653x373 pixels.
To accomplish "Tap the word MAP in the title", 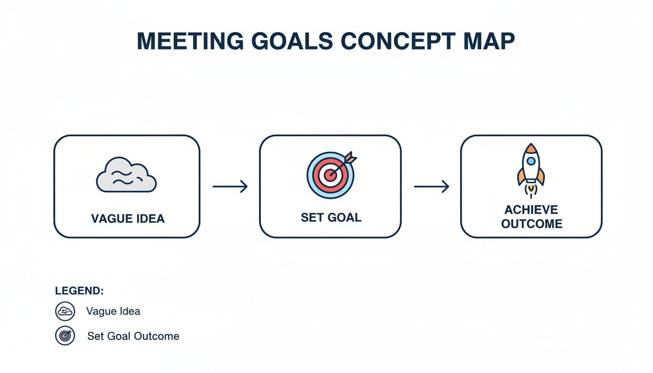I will coord(487,42).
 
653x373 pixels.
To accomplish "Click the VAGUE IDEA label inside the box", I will coord(128,219).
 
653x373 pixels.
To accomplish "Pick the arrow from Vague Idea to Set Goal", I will coord(230,186).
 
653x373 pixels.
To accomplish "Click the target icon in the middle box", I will coord(330,175).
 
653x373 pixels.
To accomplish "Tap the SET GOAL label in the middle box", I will coord(331,217).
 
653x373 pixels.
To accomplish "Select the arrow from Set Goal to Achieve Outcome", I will coord(431,186).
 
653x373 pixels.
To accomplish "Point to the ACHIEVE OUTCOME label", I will coord(532,217).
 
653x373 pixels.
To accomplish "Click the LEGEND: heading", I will coord(79,291).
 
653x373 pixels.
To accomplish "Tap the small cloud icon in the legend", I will coord(65,311).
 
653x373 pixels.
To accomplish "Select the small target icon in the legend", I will coord(65,336).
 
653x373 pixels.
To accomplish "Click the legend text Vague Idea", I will coord(113,311).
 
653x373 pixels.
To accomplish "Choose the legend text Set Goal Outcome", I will coord(133,336).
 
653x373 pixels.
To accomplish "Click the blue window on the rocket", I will coord(531,161).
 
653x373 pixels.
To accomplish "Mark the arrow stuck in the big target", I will coord(345,163).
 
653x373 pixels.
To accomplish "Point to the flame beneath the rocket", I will coord(531,191).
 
